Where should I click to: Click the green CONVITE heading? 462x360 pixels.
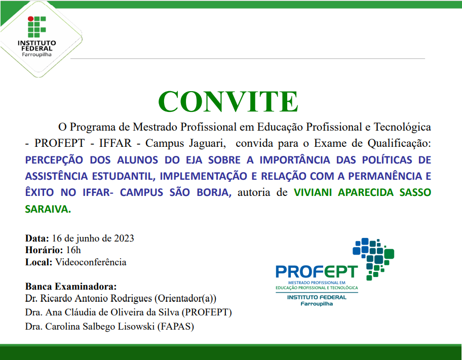(x=227, y=101)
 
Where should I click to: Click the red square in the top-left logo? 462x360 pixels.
(x=30, y=20)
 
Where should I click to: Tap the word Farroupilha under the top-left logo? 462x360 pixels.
(x=36, y=54)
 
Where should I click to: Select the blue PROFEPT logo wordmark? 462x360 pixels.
(x=316, y=270)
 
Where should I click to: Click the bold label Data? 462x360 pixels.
(x=37, y=238)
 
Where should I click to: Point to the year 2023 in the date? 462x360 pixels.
(x=124, y=238)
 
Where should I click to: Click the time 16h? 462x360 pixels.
(x=73, y=250)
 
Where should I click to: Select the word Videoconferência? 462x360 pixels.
(x=91, y=262)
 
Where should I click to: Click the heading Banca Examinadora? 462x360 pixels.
(x=71, y=286)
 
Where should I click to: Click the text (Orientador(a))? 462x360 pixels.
(x=181, y=298)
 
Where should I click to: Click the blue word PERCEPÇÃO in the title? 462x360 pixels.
(x=54, y=160)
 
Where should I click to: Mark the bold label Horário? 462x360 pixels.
(x=43, y=250)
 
